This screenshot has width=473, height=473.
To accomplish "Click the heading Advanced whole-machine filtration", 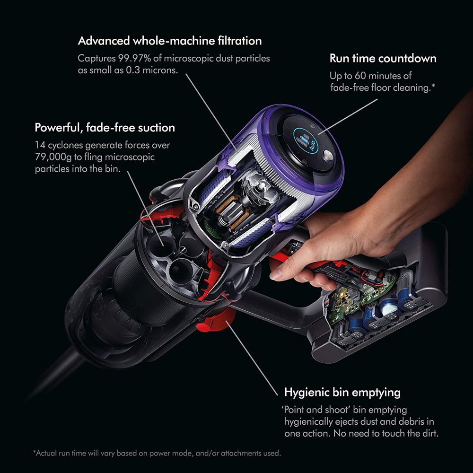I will coord(169,41).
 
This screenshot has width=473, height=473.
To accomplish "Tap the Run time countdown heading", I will coord(383,59).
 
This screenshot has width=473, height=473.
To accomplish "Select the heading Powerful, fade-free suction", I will coord(105,127).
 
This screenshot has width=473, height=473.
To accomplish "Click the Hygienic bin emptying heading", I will coord(342,392).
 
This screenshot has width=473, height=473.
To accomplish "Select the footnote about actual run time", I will coord(157,453).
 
